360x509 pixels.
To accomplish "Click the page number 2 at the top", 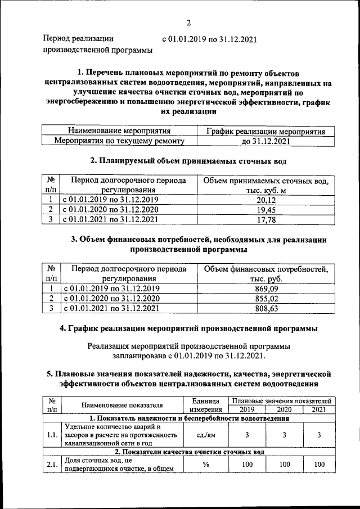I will click(189, 22).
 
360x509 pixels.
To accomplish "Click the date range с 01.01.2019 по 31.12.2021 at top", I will click(209, 39).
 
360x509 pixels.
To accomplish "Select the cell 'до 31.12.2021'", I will click(265, 141).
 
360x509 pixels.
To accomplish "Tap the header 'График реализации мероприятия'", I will click(265, 131).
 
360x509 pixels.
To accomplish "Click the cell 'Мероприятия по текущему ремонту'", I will click(118, 141).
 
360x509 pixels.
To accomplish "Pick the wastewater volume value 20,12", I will click(265, 200).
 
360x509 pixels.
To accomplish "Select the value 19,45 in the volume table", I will click(265, 210).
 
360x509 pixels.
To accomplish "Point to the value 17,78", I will click(265, 220).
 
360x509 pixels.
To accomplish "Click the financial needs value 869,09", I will click(267, 289).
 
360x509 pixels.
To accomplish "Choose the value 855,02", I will click(267, 299).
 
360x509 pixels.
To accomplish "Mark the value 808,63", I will click(267, 308).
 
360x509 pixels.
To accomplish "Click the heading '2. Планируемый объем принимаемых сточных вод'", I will click(188, 161).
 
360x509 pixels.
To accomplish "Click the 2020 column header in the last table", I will click(284, 409).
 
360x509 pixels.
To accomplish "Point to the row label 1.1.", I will click(52, 435).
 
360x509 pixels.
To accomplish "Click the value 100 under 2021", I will click(319, 465).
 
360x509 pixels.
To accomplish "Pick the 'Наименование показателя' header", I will click(122, 405).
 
